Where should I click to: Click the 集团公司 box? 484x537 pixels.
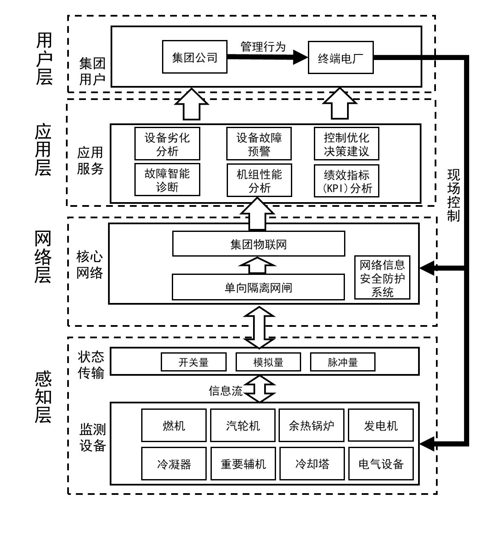tap(194, 57)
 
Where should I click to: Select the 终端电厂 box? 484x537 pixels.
tap(340, 57)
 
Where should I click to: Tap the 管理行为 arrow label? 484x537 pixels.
tap(263, 46)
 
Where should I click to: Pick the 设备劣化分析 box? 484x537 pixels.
tap(167, 144)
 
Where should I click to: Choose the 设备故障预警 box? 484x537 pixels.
tap(259, 144)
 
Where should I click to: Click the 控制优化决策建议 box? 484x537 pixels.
tap(346, 144)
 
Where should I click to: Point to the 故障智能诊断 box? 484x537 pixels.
tap(167, 180)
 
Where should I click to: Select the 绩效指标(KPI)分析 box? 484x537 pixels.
tap(346, 181)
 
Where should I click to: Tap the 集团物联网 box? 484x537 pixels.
tap(259, 244)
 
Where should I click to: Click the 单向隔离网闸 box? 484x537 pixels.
tap(258, 287)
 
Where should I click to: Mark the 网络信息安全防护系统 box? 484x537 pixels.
tap(382, 278)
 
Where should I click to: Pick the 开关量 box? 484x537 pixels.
tap(194, 362)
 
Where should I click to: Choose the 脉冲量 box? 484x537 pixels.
tap(343, 362)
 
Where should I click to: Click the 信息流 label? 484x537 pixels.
tap(225, 391)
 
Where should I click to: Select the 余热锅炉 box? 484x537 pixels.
tap(311, 426)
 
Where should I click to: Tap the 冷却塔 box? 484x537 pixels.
tap(311, 463)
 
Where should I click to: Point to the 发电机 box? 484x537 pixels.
tap(381, 426)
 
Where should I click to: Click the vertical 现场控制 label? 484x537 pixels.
tap(453, 195)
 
